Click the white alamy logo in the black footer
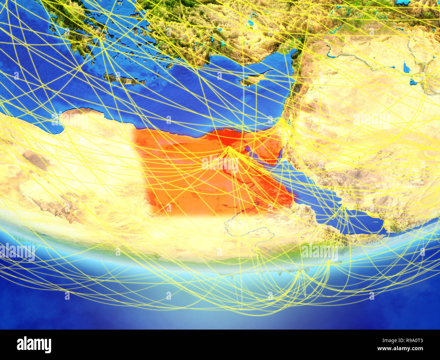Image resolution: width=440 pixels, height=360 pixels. pos(34,345)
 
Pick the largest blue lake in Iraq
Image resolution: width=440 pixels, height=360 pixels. pos(406,67)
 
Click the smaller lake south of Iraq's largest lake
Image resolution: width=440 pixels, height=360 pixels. pos(413,82)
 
